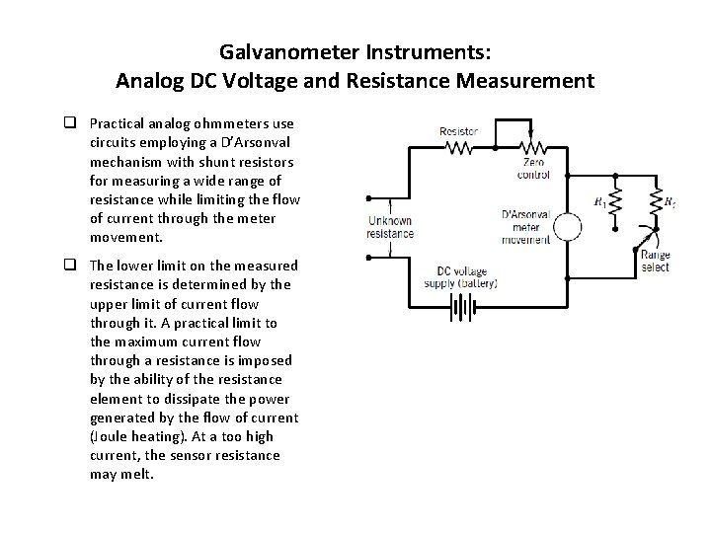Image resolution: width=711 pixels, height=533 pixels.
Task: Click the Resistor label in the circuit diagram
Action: [x=458, y=131]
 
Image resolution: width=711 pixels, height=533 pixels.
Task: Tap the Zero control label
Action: [x=533, y=168]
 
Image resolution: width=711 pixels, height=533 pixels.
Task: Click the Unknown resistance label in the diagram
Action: [x=390, y=227]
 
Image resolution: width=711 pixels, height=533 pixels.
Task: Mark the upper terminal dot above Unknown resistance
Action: [x=367, y=198]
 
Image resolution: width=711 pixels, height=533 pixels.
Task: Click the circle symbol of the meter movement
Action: [x=567, y=227]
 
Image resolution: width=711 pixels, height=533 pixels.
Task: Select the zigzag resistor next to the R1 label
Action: [x=615, y=202]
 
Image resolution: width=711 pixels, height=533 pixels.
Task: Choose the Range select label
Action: [x=655, y=261]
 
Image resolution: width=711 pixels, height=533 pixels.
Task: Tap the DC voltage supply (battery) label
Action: [x=466, y=276]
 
